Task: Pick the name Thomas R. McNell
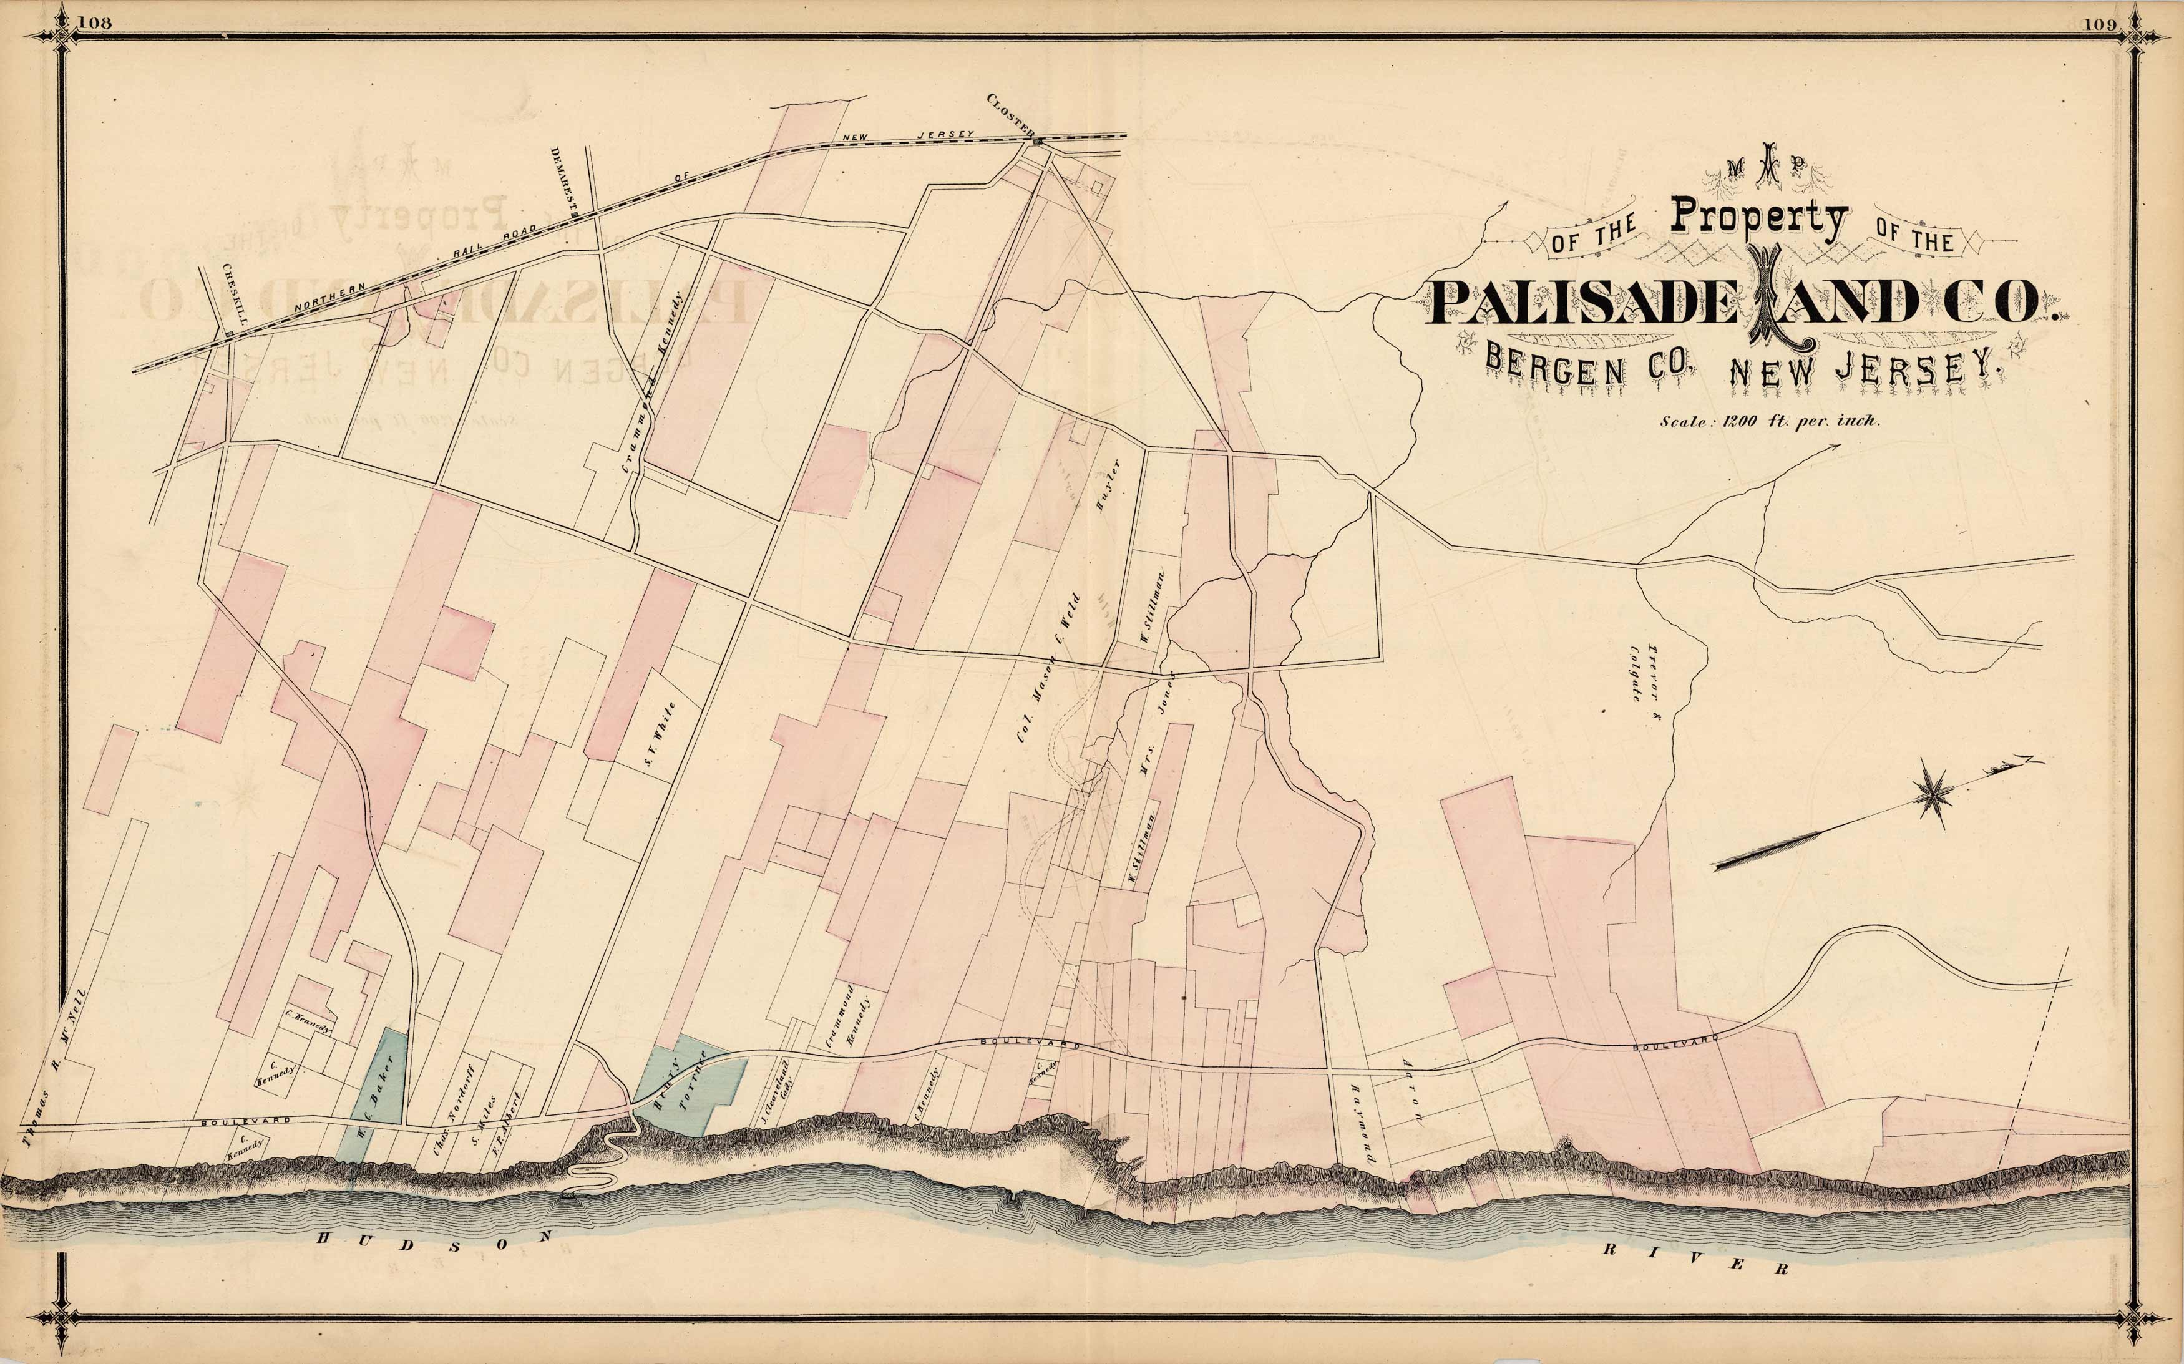[55, 1068]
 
